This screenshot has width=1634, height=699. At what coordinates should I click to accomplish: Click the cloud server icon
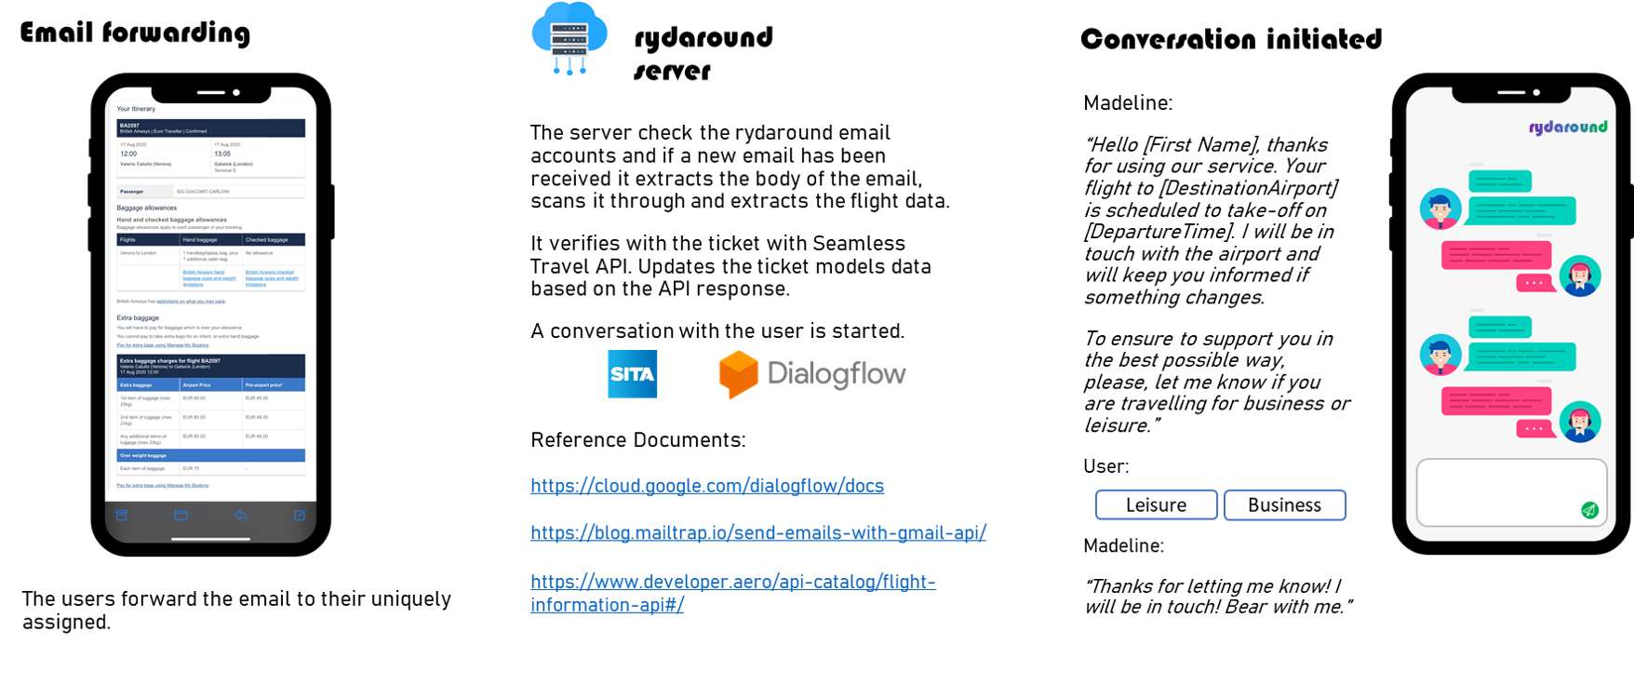[569, 38]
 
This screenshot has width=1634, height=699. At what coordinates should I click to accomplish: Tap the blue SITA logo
[632, 374]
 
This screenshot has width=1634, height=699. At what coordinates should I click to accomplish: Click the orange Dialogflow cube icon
[738, 374]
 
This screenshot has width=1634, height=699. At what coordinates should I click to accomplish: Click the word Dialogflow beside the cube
[837, 374]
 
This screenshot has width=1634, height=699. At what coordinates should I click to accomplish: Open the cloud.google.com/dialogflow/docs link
[707, 485]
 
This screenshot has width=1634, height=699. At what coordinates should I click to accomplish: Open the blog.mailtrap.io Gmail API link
[757, 532]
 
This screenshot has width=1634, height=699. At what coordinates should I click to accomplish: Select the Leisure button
[1156, 504]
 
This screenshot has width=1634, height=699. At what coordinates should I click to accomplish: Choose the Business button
[1284, 504]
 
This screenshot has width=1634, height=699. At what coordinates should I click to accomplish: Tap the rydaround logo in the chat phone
[1567, 127]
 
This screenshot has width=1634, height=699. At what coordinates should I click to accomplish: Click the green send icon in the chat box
[1589, 509]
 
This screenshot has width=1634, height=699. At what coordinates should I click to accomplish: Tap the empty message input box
[1498, 491]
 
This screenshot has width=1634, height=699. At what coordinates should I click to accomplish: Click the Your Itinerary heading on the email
[136, 109]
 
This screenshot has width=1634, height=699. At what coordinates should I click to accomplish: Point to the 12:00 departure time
[128, 154]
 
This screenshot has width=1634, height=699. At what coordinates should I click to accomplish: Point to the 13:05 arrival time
[222, 154]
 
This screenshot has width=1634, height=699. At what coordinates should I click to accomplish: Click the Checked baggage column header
[266, 239]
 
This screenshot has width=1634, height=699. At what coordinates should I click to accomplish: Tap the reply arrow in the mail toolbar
[240, 515]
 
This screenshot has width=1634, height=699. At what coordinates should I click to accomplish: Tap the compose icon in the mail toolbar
[300, 515]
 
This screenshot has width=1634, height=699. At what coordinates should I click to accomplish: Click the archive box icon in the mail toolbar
[121, 515]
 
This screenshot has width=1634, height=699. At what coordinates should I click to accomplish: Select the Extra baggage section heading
[138, 317]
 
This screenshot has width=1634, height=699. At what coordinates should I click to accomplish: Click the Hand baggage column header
[200, 239]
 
